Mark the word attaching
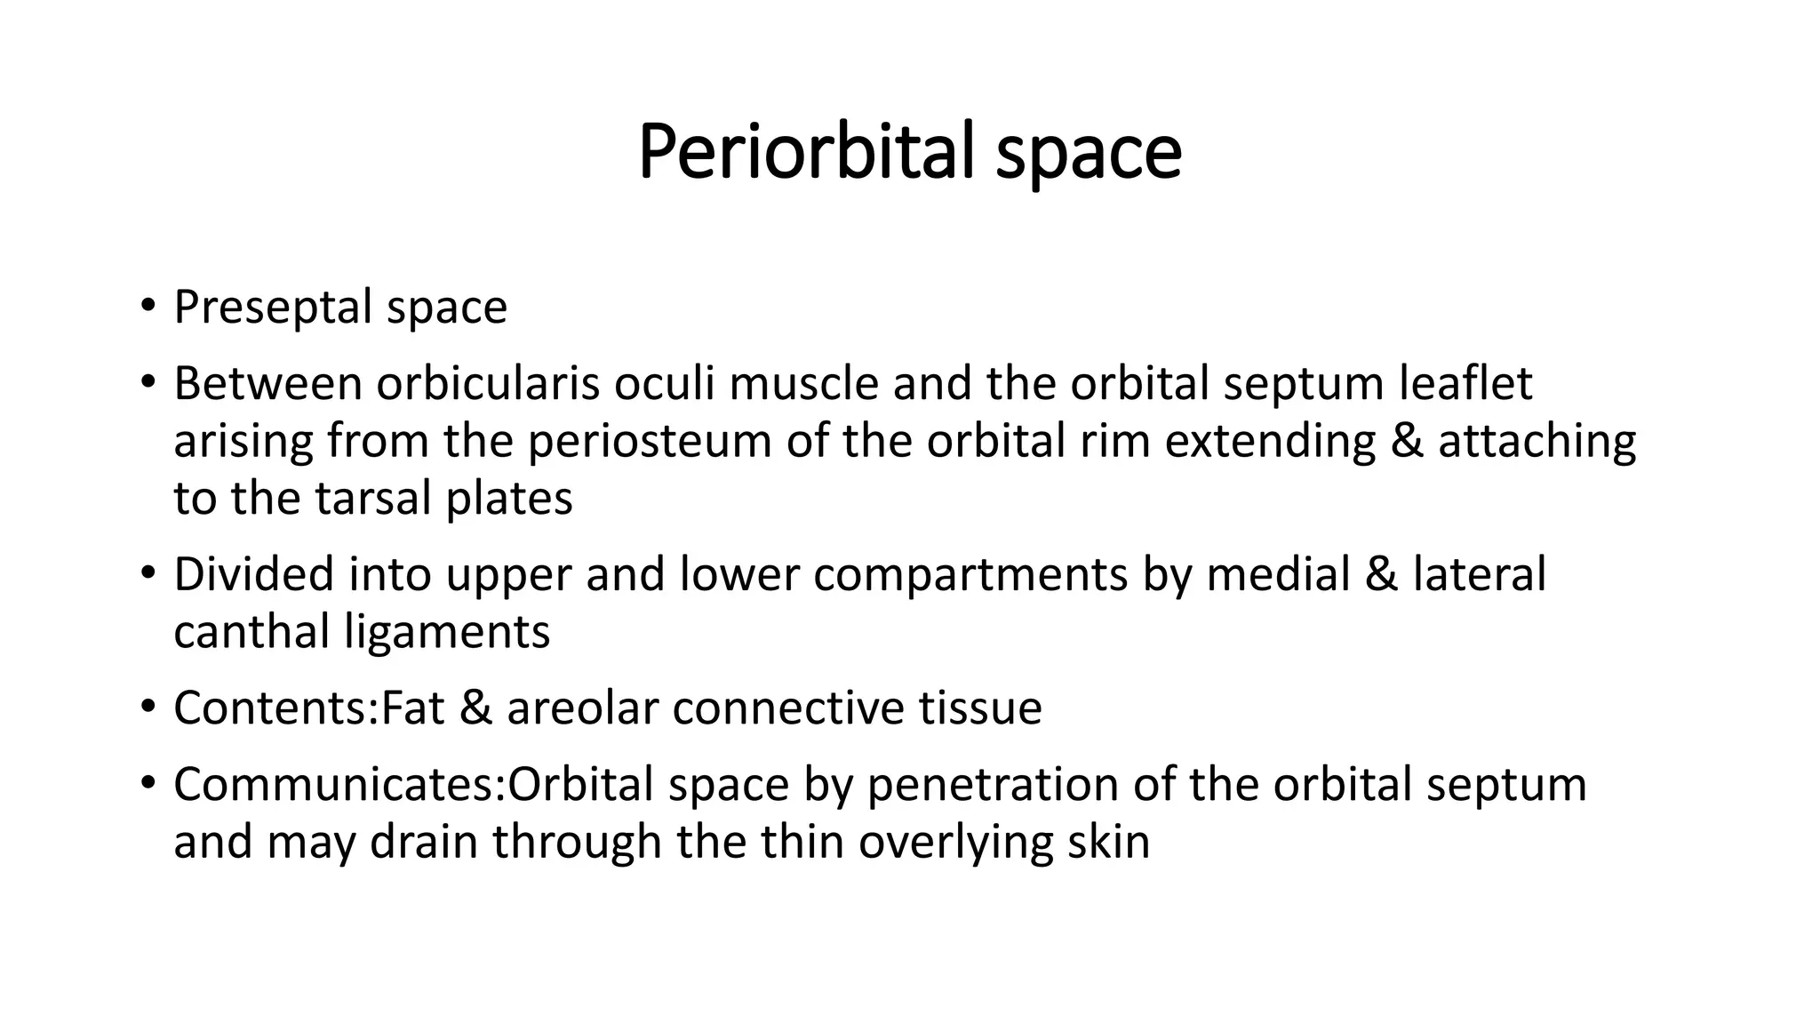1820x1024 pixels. (x=1537, y=442)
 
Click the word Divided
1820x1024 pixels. (x=253, y=574)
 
